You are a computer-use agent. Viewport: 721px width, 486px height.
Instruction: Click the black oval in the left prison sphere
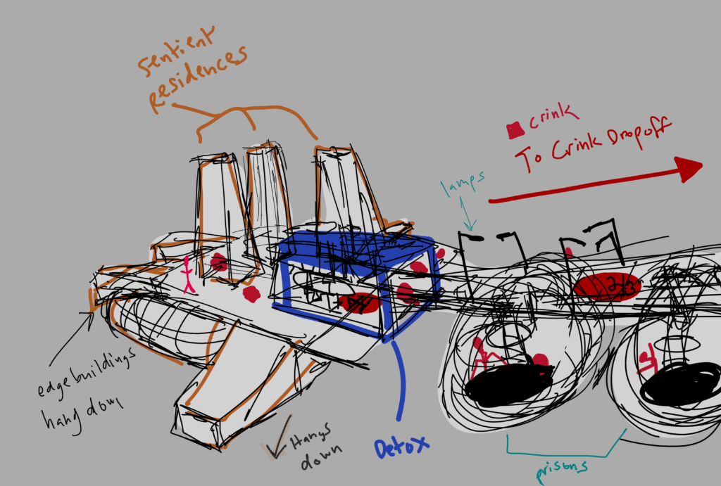pyautogui.click(x=508, y=385)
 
